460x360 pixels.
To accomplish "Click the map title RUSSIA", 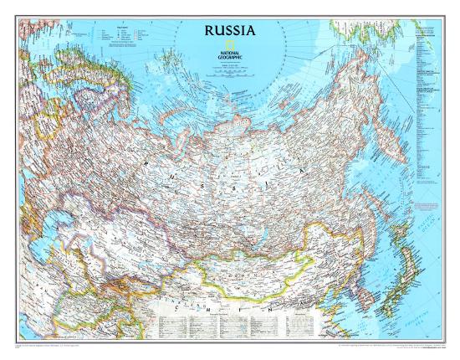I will pos(228,33).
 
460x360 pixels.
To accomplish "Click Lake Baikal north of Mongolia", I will pos(255,214).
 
